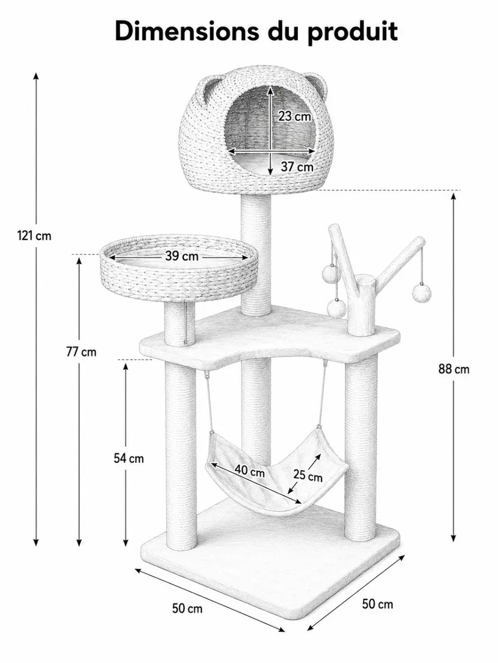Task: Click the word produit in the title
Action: click(352, 33)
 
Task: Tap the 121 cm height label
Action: click(34, 236)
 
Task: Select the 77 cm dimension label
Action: click(81, 352)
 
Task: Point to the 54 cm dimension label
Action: click(128, 459)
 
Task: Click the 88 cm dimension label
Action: click(454, 369)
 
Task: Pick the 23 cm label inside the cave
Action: click(295, 116)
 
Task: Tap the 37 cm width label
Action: click(297, 167)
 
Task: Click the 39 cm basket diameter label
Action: click(182, 256)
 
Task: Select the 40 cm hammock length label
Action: click(250, 471)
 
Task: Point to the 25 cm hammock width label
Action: click(308, 476)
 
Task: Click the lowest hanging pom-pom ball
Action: click(337, 308)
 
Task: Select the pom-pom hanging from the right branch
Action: click(422, 292)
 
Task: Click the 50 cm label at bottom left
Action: click(187, 608)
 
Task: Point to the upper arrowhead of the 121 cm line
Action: click(36, 76)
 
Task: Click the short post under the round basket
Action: click(179, 324)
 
